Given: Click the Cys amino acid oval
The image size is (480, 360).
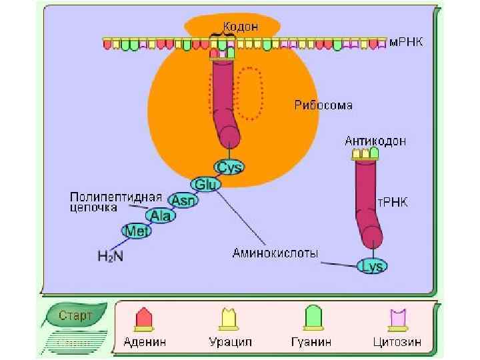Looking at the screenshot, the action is click(230, 167).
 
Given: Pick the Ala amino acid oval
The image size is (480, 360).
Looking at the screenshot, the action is click(161, 215).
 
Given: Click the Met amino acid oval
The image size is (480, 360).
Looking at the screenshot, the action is click(137, 231).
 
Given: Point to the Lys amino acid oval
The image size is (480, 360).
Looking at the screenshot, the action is click(371, 266).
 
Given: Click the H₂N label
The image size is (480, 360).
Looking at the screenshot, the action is click(110, 255).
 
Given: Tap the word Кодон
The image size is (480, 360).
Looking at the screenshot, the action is click(241, 27).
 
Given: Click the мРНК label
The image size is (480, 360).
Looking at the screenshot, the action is click(408, 42).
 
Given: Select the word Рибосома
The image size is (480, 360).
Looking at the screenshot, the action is click(323, 105).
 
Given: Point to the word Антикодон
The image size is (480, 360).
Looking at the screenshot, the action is click(375, 141).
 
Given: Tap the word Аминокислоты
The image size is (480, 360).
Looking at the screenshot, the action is click(275, 253).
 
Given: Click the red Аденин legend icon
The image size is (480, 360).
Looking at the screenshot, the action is click(144, 319).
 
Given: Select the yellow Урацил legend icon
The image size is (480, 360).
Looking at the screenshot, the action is click(231, 319).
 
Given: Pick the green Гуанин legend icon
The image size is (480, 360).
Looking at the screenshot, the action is click(312, 319).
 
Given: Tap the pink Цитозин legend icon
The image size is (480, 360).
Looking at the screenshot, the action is click(398, 319).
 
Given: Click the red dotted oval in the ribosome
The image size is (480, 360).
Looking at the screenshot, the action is click(251, 93).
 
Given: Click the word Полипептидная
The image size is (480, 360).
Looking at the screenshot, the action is click(117, 197).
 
